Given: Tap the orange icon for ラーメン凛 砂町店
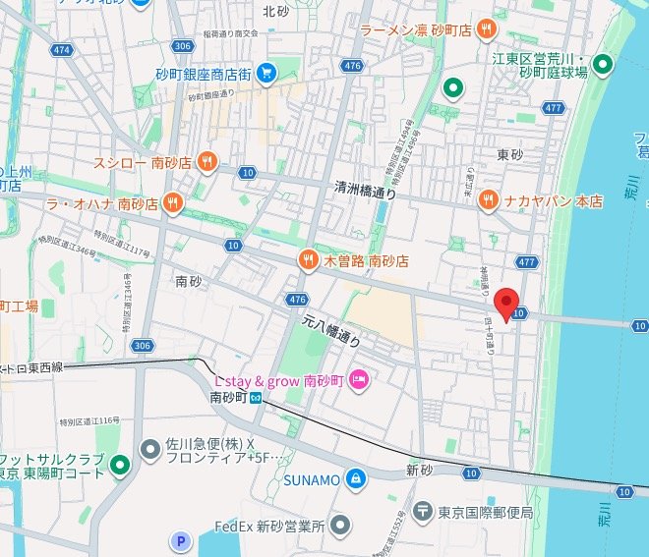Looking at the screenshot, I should (485, 31).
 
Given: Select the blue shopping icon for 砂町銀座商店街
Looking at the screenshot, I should (265, 72).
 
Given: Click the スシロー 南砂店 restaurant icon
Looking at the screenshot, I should (206, 162).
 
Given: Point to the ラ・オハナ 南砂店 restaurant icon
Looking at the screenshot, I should (172, 203).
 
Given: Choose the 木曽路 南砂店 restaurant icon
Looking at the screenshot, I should (308, 259).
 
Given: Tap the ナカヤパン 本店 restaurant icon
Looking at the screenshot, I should (488, 200).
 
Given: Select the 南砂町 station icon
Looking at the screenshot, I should (256, 398).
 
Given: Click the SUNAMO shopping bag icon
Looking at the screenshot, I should (355, 478).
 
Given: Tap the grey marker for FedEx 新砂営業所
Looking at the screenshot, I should (340, 526).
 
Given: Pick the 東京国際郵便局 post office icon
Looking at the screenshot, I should (422, 512).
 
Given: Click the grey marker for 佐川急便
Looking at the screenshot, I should (150, 450).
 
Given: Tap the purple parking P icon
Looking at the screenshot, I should (180, 539).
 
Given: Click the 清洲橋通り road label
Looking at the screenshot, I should (366, 191).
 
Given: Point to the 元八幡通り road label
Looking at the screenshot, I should (329, 331).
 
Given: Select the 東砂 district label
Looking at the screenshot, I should (510, 154).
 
